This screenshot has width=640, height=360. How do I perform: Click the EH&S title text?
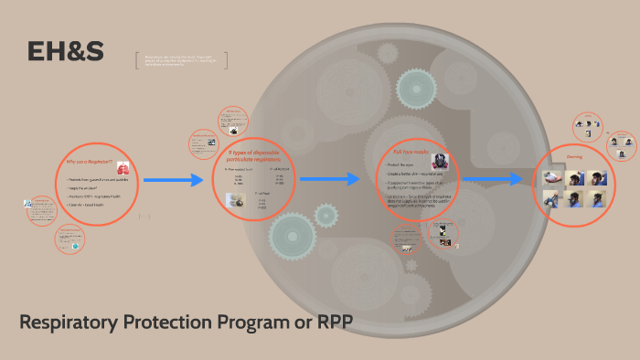click(65, 53)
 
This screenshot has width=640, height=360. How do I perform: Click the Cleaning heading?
click(574, 156)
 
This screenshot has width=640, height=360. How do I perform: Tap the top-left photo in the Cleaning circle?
click(553, 177)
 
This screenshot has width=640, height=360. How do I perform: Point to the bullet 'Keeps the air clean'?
click(87, 188)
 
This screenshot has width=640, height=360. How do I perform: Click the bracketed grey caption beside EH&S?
click(181, 60)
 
